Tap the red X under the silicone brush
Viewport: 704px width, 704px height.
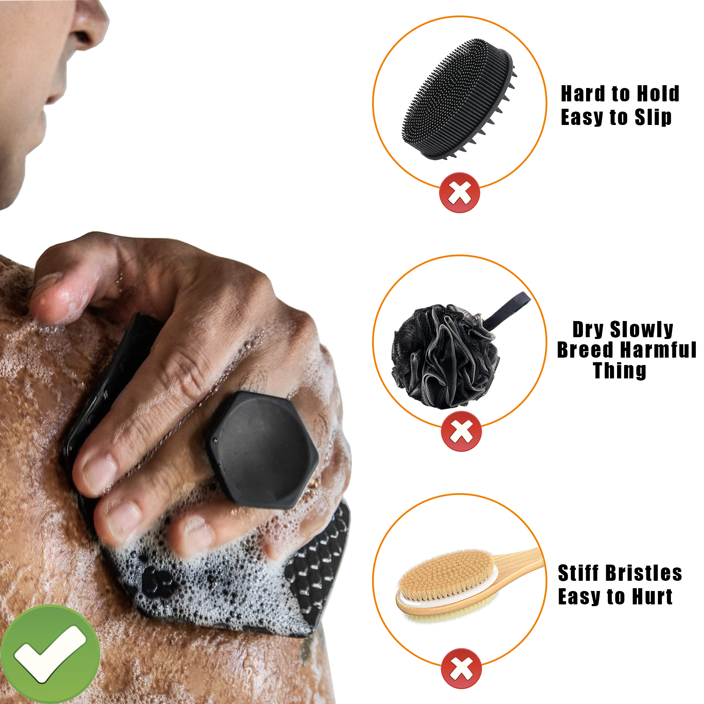click(459, 193)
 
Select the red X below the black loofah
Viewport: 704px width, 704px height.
click(461, 432)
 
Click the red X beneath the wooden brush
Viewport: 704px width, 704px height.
click(461, 669)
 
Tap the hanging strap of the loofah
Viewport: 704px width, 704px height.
click(508, 310)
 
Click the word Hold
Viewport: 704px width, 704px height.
click(658, 94)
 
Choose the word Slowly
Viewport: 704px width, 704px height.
click(641, 330)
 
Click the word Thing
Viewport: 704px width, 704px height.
click(620, 371)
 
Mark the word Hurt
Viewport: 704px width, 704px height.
click(652, 597)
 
